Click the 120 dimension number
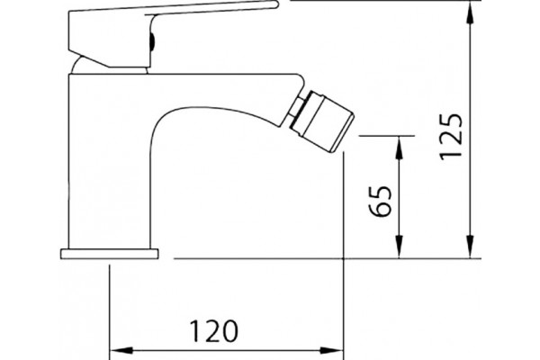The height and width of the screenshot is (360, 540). [213, 331]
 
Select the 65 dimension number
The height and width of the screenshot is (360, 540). [380, 202]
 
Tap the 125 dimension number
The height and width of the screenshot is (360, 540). [451, 137]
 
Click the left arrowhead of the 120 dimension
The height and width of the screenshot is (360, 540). [121, 351]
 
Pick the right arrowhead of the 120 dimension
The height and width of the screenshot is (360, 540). [331, 351]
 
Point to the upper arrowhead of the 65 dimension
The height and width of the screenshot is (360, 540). [399, 148]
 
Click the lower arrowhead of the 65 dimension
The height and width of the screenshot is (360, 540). [399, 247]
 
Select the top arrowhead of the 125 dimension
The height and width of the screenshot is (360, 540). [470, 13]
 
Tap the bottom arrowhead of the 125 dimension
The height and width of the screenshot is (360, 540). [470, 247]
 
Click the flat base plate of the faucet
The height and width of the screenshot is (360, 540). [110, 254]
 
